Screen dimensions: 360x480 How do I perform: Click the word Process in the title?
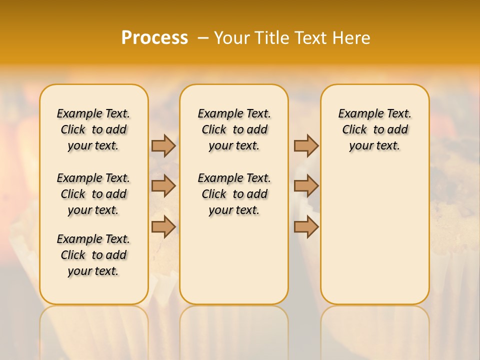tap(154, 37)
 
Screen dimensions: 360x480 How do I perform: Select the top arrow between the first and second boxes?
tap(163, 145)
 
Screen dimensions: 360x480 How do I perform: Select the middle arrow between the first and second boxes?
tap(163, 186)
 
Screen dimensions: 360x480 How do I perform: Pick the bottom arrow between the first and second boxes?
tap(163, 227)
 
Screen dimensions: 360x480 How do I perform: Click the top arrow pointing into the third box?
tap(306, 145)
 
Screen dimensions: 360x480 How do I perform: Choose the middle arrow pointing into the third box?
tap(306, 186)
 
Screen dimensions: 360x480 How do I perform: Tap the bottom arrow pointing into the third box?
tap(306, 227)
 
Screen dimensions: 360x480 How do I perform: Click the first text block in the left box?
tap(93, 129)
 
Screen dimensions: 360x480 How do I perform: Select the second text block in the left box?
tap(93, 194)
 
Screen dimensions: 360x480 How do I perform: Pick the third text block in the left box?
tap(93, 255)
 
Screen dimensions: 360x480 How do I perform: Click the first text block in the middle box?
tap(234, 129)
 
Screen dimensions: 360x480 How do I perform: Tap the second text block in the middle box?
tap(234, 194)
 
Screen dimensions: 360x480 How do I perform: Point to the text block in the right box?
tap(375, 129)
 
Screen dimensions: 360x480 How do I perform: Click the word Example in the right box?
tap(357, 114)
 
